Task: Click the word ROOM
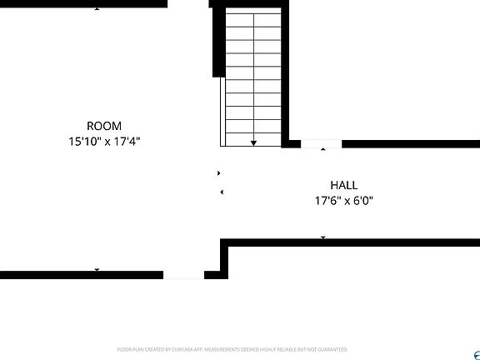click(x=104, y=127)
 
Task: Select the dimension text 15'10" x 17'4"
click(x=104, y=142)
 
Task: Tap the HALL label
click(x=343, y=185)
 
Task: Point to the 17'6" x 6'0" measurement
click(x=343, y=201)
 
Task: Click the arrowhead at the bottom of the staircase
click(x=253, y=143)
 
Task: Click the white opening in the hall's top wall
click(x=322, y=144)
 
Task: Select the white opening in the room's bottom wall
click(x=183, y=274)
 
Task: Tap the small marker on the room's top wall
click(x=97, y=8)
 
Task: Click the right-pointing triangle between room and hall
click(x=219, y=173)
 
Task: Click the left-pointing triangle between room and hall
click(x=222, y=192)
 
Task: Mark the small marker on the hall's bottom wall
click(x=323, y=238)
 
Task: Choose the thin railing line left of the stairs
click(x=222, y=112)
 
